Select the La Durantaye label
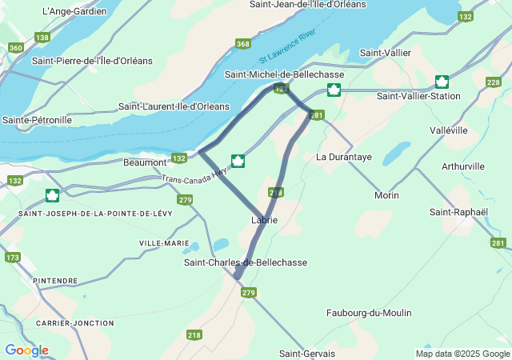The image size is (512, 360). [x=344, y=158]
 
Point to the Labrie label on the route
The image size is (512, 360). [x=264, y=220]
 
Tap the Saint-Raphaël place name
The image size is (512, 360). [x=458, y=212]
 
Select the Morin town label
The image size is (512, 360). [x=387, y=195]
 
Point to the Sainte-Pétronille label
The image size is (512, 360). [x=37, y=120]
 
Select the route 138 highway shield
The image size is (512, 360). [x=42, y=37]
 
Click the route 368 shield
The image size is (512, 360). [x=242, y=44]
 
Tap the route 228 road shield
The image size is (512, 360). [x=494, y=82]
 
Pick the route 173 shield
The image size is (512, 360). [x=12, y=258]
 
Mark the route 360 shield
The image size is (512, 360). [x=15, y=48]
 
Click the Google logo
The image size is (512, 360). [x=26, y=350]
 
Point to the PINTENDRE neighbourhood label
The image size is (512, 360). [x=55, y=281]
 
